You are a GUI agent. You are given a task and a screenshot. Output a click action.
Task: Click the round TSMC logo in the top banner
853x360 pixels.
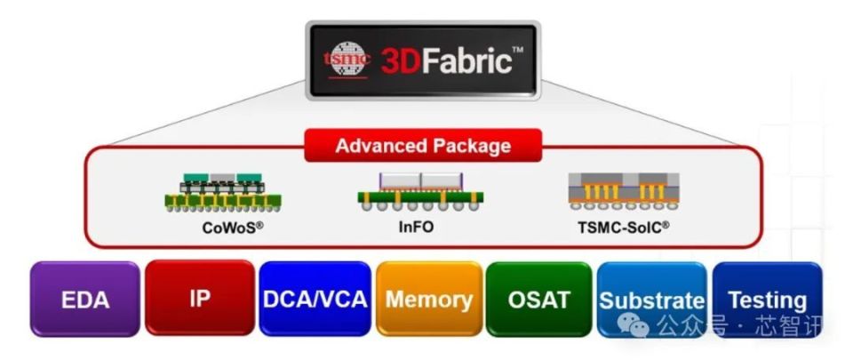tap(343, 60)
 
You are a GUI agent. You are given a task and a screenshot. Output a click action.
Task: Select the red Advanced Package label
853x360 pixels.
tap(422, 146)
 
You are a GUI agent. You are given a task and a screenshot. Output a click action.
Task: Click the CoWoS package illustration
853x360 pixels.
tap(214, 193)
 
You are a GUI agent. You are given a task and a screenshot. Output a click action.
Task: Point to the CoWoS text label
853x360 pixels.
tap(232, 227)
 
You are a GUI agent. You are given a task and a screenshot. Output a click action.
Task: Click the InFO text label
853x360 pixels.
tap(416, 227)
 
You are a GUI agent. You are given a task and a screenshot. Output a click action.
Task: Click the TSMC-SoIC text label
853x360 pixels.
tap(623, 227)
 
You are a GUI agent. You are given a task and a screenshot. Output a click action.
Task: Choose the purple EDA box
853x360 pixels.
tap(85, 300)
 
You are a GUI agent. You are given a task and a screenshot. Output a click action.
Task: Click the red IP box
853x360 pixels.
tap(200, 298)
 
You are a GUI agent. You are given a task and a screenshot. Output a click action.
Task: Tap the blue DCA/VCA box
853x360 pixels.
tap(315, 299)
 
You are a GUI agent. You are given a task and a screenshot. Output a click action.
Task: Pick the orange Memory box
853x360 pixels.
tap(428, 299)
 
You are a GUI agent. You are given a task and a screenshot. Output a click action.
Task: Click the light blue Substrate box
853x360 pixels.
tap(651, 300)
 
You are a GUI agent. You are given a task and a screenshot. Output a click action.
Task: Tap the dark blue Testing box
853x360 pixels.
tap(767, 300)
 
